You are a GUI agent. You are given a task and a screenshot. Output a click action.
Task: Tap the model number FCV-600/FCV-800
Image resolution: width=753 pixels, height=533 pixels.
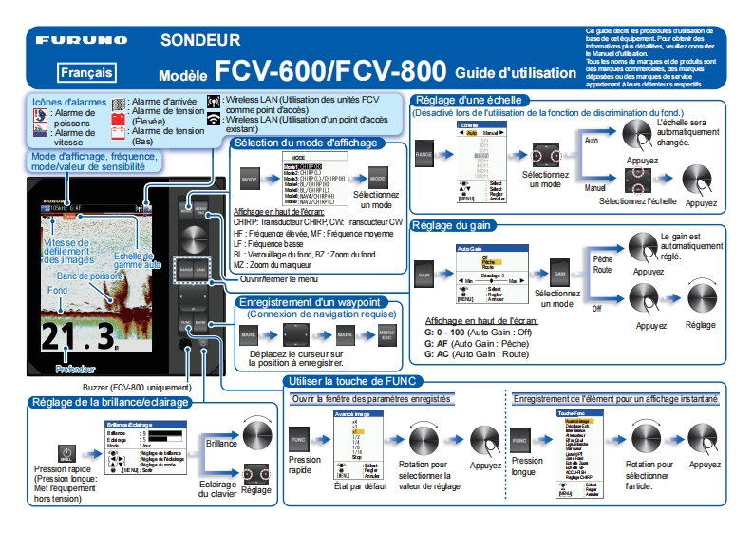pyautogui.click(x=330, y=70)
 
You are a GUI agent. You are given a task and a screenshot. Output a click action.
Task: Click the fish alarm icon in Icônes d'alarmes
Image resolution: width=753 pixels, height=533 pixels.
pyautogui.click(x=39, y=116)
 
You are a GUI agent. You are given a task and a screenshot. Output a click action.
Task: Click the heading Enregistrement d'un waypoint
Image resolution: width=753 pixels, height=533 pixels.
pyautogui.click(x=318, y=302)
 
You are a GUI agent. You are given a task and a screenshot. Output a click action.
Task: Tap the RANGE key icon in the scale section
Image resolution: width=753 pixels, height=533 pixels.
pyautogui.click(x=424, y=153)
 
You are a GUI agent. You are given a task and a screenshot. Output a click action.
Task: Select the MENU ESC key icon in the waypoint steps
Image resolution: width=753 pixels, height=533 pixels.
pyautogui.click(x=386, y=335)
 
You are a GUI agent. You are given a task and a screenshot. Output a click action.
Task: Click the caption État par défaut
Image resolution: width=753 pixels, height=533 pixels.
pyautogui.click(x=360, y=486)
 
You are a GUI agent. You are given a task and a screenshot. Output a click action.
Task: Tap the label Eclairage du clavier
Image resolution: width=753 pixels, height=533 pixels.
pyautogui.click(x=218, y=487)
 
